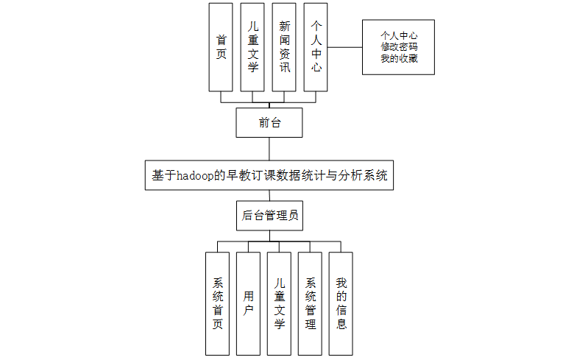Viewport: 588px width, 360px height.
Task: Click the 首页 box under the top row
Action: coord(221,47)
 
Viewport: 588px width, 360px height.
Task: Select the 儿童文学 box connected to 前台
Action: coord(252,47)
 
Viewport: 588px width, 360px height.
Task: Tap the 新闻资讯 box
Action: coord(284,47)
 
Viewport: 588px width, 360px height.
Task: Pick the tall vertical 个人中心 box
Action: coord(316,47)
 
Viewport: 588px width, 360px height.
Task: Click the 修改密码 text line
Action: coord(399,46)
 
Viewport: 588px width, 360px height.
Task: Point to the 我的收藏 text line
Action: coord(399,58)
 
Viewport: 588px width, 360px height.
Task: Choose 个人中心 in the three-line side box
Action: coord(399,35)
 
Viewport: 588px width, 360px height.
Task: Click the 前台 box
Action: coord(269,122)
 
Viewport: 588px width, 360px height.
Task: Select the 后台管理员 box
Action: coord(269,216)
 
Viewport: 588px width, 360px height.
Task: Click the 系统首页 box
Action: coord(218,303)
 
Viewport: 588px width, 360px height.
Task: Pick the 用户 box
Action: coord(249,303)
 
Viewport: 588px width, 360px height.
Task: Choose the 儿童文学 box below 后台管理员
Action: coord(280,303)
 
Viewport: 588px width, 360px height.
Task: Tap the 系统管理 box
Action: coord(311,303)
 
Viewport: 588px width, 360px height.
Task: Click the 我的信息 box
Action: coord(341,303)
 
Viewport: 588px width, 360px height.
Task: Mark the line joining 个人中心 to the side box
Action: coord(344,47)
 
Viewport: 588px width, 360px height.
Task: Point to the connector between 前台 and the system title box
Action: coord(269,148)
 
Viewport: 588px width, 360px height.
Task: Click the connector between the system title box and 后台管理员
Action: coord(269,195)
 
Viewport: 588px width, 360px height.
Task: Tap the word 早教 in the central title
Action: coord(239,176)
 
